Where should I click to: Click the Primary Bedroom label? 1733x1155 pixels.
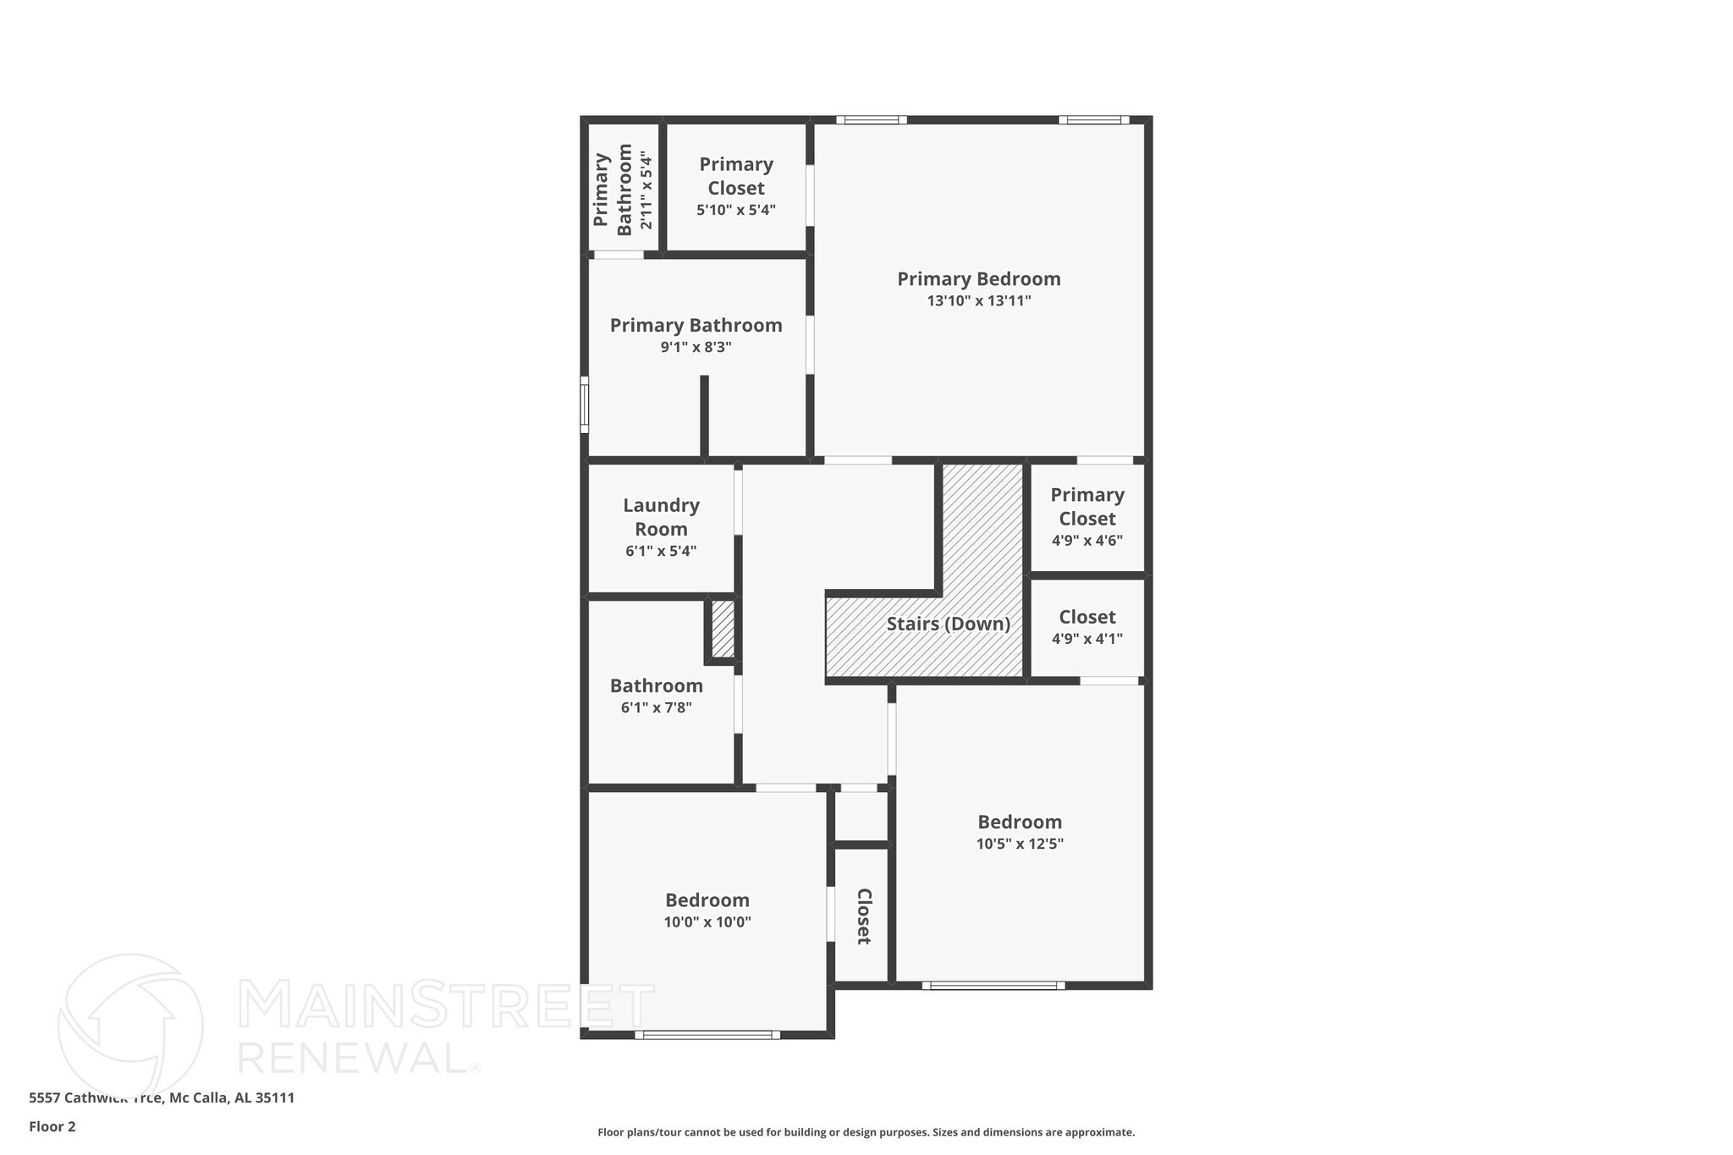coord(978,278)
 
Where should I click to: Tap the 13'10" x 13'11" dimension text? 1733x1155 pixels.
coord(978,300)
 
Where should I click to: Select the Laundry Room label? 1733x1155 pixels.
coord(661,517)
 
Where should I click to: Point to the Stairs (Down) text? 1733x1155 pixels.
coord(948,624)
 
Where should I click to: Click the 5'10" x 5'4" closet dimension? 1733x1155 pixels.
coord(735,210)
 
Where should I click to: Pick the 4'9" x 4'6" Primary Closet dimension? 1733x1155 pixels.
coord(1087,541)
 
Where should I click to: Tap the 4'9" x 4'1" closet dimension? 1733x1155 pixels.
coord(1087,639)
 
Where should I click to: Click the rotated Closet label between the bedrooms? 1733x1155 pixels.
coord(863,916)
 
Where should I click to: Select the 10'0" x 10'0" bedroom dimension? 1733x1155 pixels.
coord(707,922)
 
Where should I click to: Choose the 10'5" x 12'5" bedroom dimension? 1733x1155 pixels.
coord(1019,844)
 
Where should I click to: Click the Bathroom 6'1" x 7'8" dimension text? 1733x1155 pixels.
coord(656,707)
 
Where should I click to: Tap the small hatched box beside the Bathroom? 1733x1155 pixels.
coord(723,629)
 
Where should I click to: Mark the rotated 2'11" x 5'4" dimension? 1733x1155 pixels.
coord(646,190)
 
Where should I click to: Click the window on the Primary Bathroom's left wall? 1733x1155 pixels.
coord(584,404)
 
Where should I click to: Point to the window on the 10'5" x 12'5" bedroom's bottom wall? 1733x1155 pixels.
coord(993,985)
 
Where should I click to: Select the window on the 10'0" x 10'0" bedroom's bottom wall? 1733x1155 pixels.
coord(707,1034)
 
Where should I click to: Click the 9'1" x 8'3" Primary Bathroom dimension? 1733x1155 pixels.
coord(696,347)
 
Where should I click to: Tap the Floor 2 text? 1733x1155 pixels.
coord(52,1126)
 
